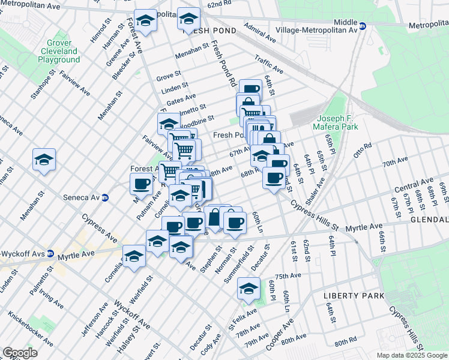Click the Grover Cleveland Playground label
[59, 52]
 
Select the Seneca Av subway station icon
[105, 197]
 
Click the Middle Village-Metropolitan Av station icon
[363, 27]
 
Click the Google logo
[20, 353]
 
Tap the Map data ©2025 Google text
[412, 355]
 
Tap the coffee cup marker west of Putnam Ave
[142, 184]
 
